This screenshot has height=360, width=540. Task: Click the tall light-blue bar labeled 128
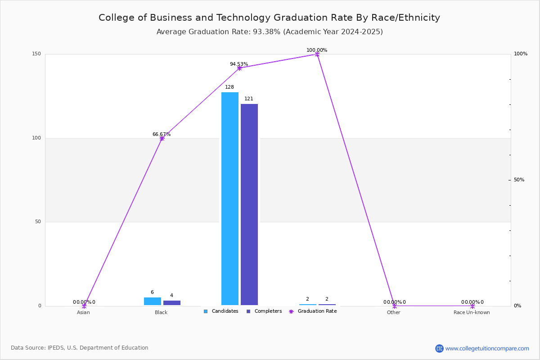230,199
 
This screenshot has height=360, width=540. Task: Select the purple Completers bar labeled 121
249,204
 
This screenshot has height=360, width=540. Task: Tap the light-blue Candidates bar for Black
153,301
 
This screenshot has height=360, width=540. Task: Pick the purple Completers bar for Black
171,303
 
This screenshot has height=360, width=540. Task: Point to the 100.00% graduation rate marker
317,54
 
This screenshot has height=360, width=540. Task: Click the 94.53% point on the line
239,68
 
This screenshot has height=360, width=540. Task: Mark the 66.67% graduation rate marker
162,139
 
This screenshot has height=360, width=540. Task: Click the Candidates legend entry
221,311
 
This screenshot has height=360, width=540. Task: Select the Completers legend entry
264,311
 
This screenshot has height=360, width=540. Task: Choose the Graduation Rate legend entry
313,311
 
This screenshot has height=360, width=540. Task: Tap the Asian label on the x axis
83,312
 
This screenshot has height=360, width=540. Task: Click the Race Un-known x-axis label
472,312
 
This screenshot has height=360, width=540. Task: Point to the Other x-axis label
393,312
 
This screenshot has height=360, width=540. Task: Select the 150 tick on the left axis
36,54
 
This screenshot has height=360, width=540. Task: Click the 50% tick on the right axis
519,180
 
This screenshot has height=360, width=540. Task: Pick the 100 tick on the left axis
36,138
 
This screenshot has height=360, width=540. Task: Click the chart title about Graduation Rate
269,18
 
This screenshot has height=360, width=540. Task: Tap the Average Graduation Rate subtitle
270,32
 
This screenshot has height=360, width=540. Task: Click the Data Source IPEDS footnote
80,348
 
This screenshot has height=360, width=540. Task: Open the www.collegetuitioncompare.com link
487,348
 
